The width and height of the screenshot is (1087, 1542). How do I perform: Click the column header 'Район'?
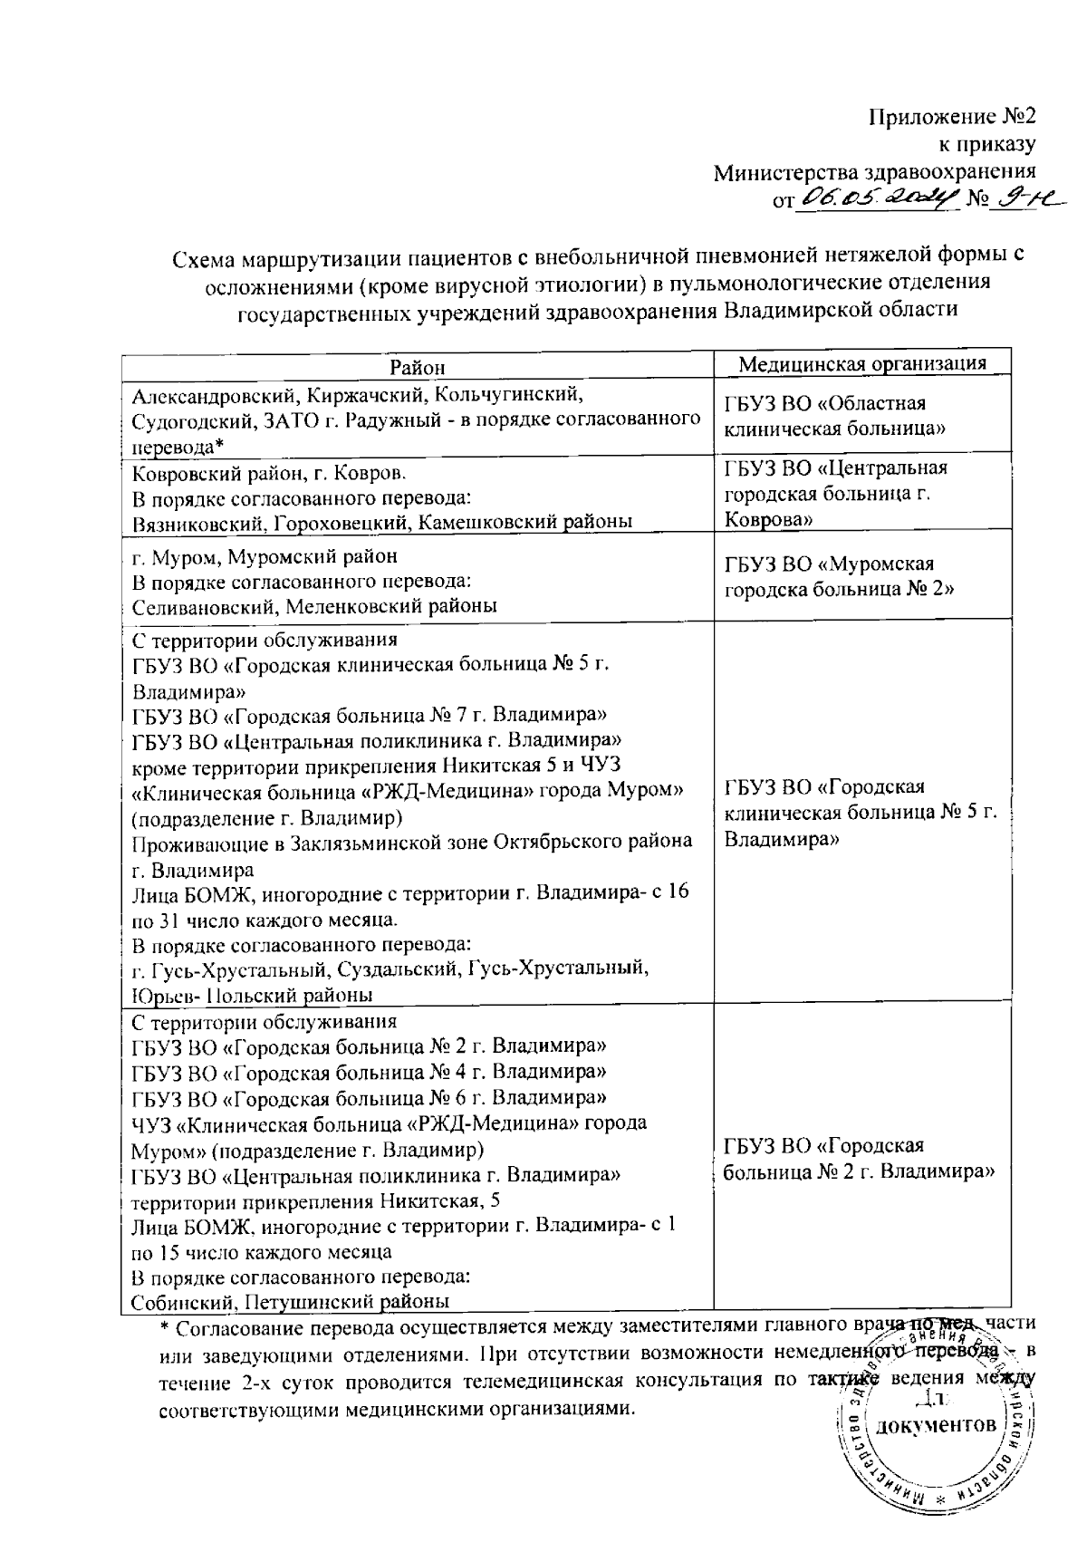pyautogui.click(x=418, y=367)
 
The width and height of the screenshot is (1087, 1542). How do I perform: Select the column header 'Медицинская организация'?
pyautogui.click(x=861, y=364)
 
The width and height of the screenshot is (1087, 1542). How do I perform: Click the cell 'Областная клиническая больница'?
pyautogui.click(x=835, y=416)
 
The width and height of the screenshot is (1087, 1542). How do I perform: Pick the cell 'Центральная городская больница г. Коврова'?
pyautogui.click(x=835, y=494)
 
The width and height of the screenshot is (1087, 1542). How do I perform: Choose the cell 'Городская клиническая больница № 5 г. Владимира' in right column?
pyautogui.click(x=860, y=813)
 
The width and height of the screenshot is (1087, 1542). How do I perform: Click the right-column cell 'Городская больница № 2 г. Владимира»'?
pyautogui.click(x=860, y=1159)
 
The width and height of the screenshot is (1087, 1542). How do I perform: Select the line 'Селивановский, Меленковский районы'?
pyautogui.click(x=313, y=606)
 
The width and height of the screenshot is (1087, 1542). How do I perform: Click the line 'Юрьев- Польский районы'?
pyautogui.click(x=252, y=995)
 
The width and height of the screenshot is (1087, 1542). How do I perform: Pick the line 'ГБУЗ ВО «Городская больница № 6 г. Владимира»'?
pyautogui.click(x=369, y=1098)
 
